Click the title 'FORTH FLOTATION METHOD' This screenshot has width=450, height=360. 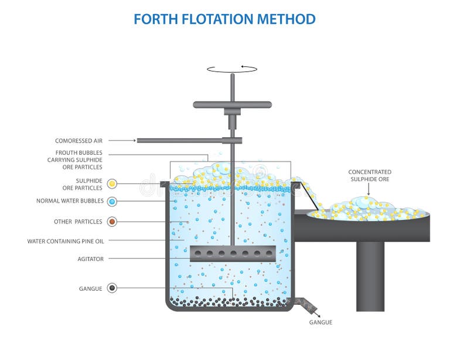(x=224, y=19)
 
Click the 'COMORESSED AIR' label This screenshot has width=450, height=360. (x=79, y=141)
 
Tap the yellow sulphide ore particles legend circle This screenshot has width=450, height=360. (x=112, y=184)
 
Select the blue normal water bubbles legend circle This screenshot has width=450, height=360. (x=112, y=201)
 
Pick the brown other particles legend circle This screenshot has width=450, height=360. (x=112, y=222)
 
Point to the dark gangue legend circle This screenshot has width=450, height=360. (x=112, y=288)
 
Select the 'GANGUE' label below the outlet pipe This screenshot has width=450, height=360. (x=321, y=322)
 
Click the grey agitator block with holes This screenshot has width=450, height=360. (x=232, y=253)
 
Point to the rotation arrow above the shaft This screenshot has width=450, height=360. (x=232, y=69)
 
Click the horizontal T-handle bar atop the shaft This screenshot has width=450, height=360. (x=232, y=105)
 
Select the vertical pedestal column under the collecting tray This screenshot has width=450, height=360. (x=370, y=276)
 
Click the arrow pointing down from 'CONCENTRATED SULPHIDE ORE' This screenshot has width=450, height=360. (x=369, y=189)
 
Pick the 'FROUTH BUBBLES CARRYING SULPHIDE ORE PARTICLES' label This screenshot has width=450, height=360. (x=75, y=160)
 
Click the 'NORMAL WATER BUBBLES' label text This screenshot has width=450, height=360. (x=70, y=201)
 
